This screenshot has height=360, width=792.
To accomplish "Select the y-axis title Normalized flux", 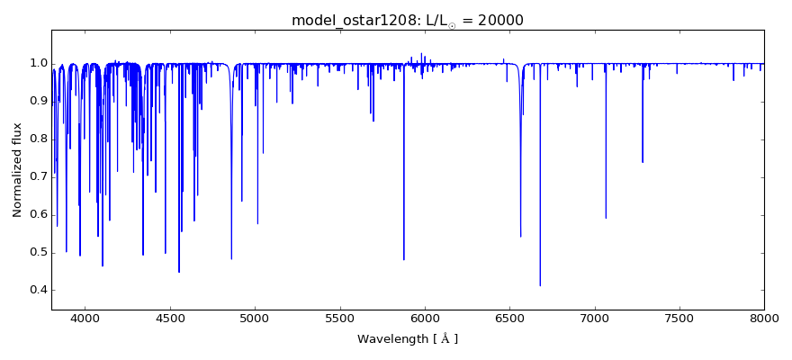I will click(17, 170).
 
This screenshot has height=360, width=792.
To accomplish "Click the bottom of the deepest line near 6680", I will click(540, 285).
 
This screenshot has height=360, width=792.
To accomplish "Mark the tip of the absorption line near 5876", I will click(404, 259).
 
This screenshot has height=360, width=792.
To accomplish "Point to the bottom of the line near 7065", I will click(606, 218).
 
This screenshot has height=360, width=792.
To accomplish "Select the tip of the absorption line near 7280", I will click(643, 162).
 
